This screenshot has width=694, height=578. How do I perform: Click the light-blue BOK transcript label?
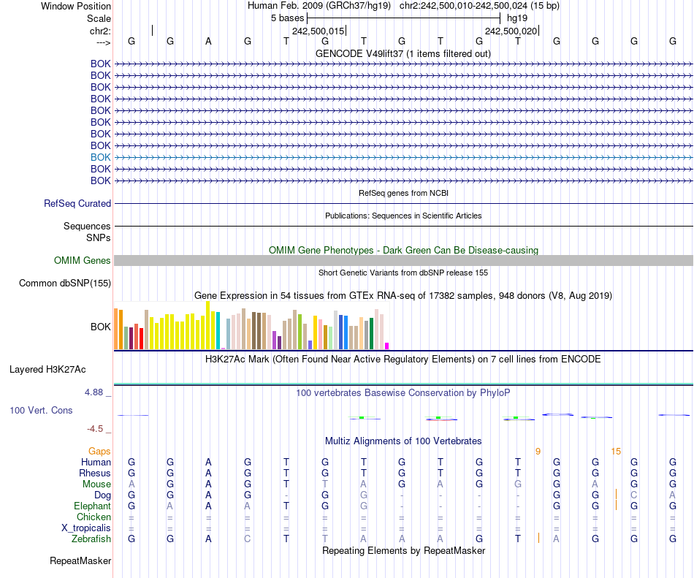pyautogui.click(x=101, y=157)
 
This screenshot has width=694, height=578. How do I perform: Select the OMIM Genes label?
pyautogui.click(x=83, y=261)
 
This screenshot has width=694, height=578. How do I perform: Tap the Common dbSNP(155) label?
pyautogui.click(x=65, y=284)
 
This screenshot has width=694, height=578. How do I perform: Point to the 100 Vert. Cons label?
pyautogui.click(x=41, y=411)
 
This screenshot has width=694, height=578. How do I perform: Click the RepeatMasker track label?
pyautogui.click(x=80, y=561)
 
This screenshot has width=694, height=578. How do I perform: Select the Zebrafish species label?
pyautogui.click(x=92, y=539)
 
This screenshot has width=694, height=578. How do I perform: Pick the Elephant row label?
pyautogui.click(x=93, y=506)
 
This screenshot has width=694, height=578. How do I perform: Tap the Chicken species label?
pyautogui.click(x=94, y=517)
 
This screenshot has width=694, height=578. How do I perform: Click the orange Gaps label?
pyautogui.click(x=100, y=452)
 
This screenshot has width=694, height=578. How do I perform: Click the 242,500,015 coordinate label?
pyautogui.click(x=318, y=31)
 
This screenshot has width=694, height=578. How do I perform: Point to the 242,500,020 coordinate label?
pyautogui.click(x=511, y=31)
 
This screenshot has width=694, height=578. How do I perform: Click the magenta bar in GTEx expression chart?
pyautogui.click(x=387, y=346)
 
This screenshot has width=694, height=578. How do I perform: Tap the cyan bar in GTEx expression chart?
pyautogui.click(x=218, y=330)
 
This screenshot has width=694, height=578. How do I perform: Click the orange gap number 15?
pyautogui.click(x=616, y=452)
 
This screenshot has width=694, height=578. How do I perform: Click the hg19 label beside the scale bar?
pyautogui.click(x=517, y=18)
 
